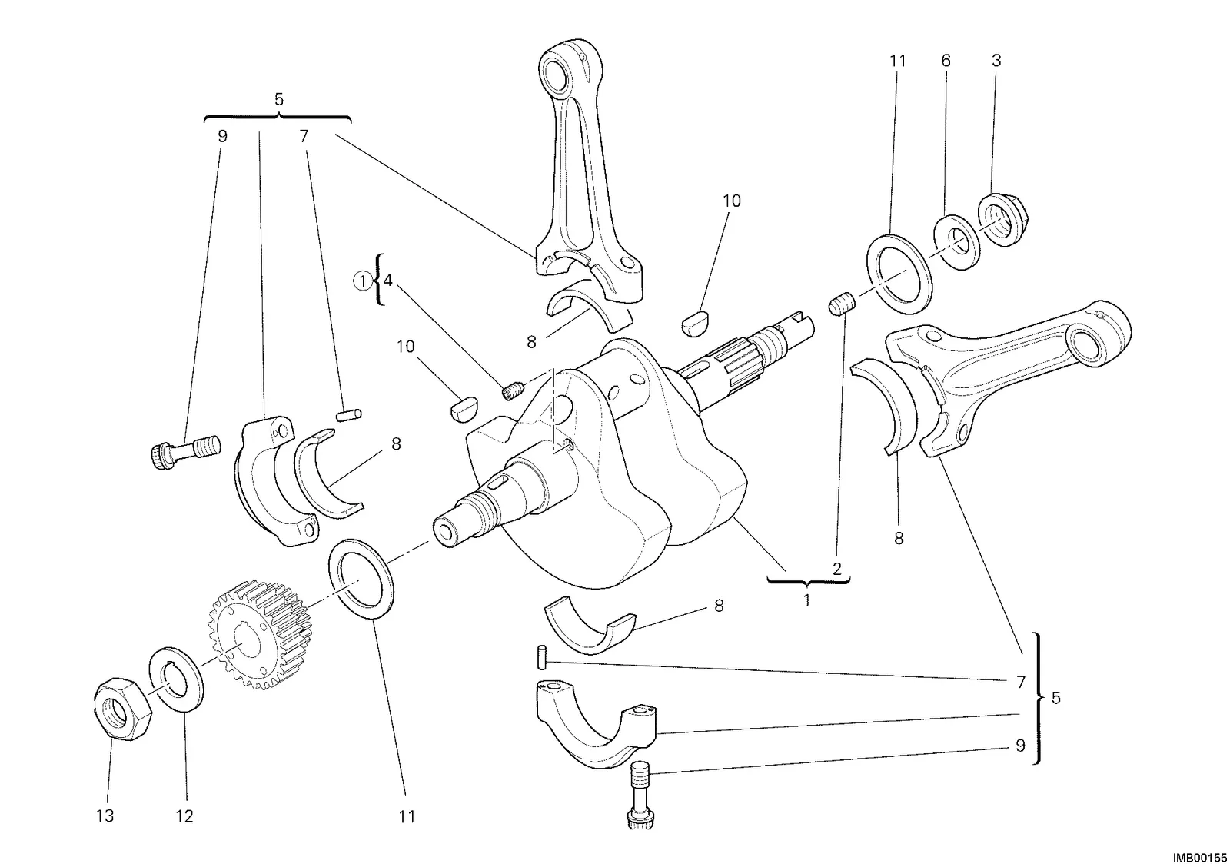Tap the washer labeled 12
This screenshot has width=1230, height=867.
(176, 679)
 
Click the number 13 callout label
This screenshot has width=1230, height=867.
(105, 816)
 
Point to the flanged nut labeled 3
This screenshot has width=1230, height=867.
(1002, 220)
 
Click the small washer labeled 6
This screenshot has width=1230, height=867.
(957, 242)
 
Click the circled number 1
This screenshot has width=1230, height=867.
(362, 281)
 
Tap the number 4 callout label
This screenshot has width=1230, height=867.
(387, 281)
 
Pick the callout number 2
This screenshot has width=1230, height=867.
(837, 568)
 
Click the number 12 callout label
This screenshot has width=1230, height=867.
(184, 816)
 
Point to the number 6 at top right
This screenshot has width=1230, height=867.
(946, 61)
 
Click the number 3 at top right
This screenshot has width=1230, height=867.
(996, 61)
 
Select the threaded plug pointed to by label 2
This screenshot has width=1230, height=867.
(842, 304)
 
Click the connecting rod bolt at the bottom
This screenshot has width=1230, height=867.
(639, 794)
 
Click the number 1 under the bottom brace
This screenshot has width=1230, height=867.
(806, 600)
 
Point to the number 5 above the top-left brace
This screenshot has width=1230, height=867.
(279, 99)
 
